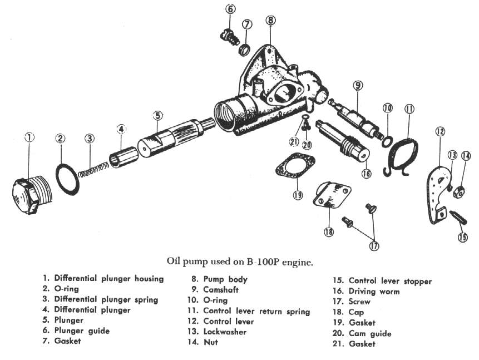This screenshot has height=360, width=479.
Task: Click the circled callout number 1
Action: pos(29,137)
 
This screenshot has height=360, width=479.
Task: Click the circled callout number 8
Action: pos(270,21)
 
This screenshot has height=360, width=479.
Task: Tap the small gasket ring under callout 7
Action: pos(244,50)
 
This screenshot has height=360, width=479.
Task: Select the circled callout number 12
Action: pos(440,132)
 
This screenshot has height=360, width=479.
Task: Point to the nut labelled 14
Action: pos(460,192)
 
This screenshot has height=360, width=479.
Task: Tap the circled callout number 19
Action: pos(298,195)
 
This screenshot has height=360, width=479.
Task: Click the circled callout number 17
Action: pos(373,244)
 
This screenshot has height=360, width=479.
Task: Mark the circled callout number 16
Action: pos(366,173)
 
